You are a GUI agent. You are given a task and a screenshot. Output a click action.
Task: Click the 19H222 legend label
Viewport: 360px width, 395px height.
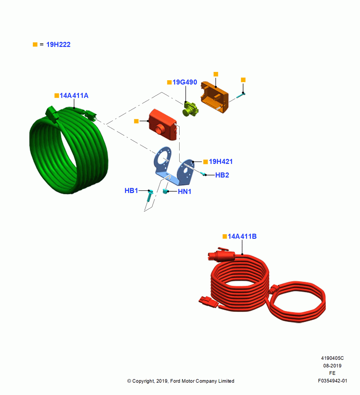coord(58,45)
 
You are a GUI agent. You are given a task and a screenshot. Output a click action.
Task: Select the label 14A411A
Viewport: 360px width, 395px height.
coord(74,96)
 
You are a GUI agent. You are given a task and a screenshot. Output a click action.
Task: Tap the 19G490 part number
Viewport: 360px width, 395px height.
coord(184,82)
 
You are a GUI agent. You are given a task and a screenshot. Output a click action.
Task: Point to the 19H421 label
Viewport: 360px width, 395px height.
coord(221,162)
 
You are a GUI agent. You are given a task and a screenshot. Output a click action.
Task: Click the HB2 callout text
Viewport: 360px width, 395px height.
coord(222,175)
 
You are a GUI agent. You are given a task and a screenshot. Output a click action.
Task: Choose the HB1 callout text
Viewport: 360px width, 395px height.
coord(131,191)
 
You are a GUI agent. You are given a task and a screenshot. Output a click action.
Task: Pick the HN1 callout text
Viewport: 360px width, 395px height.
coord(184,192)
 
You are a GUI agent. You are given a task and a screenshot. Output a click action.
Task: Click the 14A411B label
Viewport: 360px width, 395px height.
coord(242,236)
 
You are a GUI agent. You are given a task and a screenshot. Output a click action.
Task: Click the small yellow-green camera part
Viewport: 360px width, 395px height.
coord(190,109)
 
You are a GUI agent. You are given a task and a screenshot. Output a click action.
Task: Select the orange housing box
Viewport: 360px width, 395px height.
coord(215,97)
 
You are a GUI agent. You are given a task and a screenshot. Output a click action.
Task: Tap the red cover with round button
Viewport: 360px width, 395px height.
coord(163,125)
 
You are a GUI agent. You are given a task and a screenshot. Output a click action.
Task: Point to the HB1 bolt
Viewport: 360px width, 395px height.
coord(150,196)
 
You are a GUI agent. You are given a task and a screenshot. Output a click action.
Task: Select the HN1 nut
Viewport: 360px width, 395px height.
coord(165,191)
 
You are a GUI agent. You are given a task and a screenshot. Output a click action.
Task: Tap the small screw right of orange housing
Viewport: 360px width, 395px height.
coord(240,96)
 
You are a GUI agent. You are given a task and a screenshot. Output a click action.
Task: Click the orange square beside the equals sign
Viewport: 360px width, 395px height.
coord(35,45)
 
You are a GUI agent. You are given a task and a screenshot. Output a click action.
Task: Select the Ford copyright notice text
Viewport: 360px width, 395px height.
coord(181,381)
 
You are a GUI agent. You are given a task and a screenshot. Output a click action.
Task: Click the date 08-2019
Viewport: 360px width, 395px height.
coord(332,366)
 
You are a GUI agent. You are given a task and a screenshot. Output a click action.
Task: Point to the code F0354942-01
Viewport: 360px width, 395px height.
coord(332,381)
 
